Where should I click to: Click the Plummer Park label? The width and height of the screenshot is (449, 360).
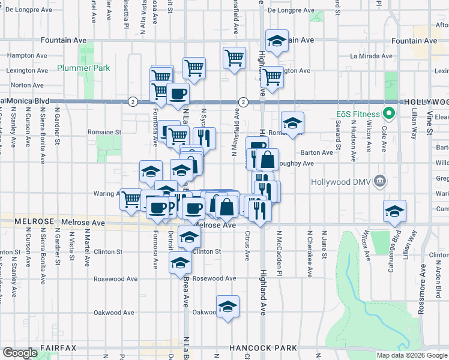click(x=84, y=68)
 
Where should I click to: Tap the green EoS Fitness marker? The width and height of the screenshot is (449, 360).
click(x=388, y=113)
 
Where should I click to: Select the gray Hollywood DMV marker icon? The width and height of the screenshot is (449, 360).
click(x=379, y=181)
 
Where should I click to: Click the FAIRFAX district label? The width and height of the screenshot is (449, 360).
click(x=58, y=348)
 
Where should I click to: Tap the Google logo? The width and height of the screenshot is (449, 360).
click(x=20, y=353)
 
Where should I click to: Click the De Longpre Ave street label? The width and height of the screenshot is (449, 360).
click(x=291, y=11)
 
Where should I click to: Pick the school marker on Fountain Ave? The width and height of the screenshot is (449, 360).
click(x=276, y=41)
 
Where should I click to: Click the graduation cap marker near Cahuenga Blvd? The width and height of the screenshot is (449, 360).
click(x=394, y=211)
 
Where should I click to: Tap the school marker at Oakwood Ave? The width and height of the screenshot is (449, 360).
click(x=228, y=307)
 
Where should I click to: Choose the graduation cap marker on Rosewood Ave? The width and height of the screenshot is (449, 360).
click(x=180, y=263)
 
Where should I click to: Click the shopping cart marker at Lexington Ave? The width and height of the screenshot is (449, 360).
click(x=273, y=76)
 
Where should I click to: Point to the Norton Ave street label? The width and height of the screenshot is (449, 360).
click(x=27, y=86)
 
